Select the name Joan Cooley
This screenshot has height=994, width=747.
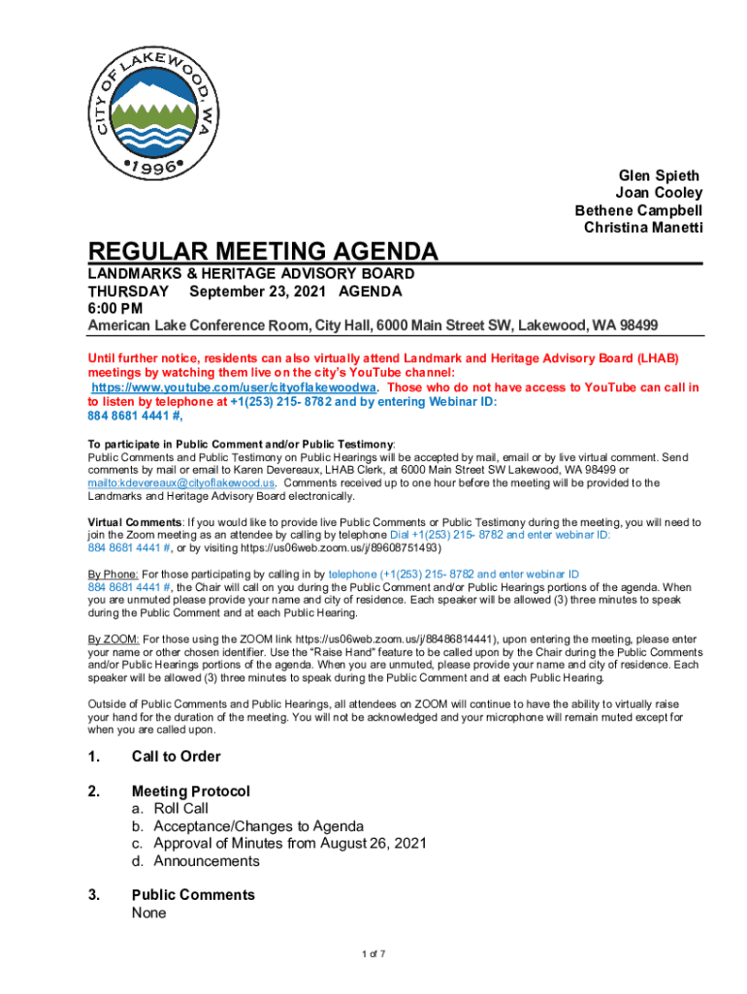click(658, 193)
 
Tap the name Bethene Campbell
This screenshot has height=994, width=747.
click(638, 211)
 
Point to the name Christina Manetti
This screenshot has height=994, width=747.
click(642, 228)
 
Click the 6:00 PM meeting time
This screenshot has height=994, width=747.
click(115, 308)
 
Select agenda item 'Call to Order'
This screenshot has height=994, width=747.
click(176, 757)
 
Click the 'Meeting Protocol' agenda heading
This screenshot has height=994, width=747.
click(191, 792)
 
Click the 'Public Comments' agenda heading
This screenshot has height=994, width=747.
click(193, 895)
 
